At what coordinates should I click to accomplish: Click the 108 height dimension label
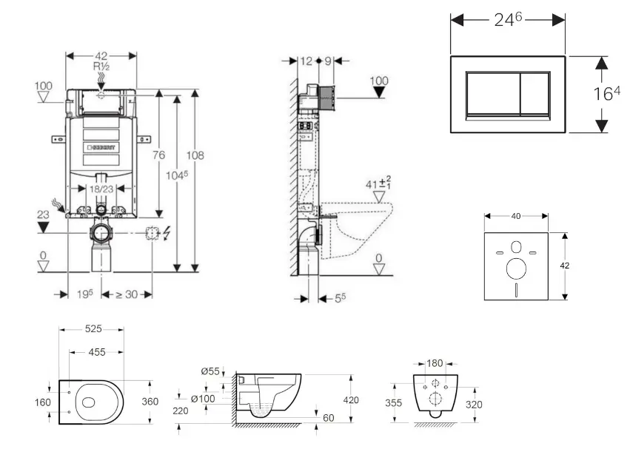pyautogui.click(x=195, y=155)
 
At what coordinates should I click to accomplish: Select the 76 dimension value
pyautogui.click(x=158, y=155)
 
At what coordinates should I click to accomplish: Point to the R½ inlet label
pyautogui.click(x=101, y=66)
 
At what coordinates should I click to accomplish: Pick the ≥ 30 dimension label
pyautogui.click(x=127, y=294)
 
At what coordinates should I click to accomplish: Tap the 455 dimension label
pyautogui.click(x=97, y=353)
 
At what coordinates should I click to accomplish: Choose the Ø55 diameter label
pyautogui.click(x=211, y=371)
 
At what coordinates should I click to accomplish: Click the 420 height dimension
pyautogui.click(x=350, y=399)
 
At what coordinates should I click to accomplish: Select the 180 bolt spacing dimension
pyautogui.click(x=435, y=363)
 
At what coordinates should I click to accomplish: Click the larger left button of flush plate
pyautogui.click(x=492, y=95)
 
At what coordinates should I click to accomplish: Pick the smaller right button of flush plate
pyautogui.click(x=535, y=95)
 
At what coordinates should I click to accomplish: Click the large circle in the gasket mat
pyautogui.click(x=515, y=267)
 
